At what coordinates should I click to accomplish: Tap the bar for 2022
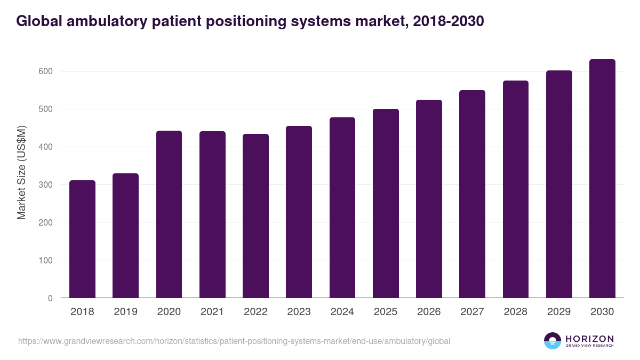pyautogui.click(x=255, y=216)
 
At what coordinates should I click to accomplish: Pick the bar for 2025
pyautogui.click(x=386, y=203)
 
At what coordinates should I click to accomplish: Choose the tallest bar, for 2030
pyautogui.click(x=602, y=179)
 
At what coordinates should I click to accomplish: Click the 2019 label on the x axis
pyautogui.click(x=125, y=312)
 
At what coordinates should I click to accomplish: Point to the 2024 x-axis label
pyautogui.click(x=342, y=312)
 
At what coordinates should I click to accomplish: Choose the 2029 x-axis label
pyautogui.click(x=559, y=312)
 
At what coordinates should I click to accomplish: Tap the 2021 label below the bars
pyautogui.click(x=212, y=312)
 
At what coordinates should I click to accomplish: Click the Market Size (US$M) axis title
pyautogui.click(x=21, y=173)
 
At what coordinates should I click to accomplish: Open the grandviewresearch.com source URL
pyautogui.click(x=234, y=341)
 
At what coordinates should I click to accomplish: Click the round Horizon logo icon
pyautogui.click(x=553, y=341)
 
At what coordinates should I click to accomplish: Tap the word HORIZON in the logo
pyautogui.click(x=589, y=339)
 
